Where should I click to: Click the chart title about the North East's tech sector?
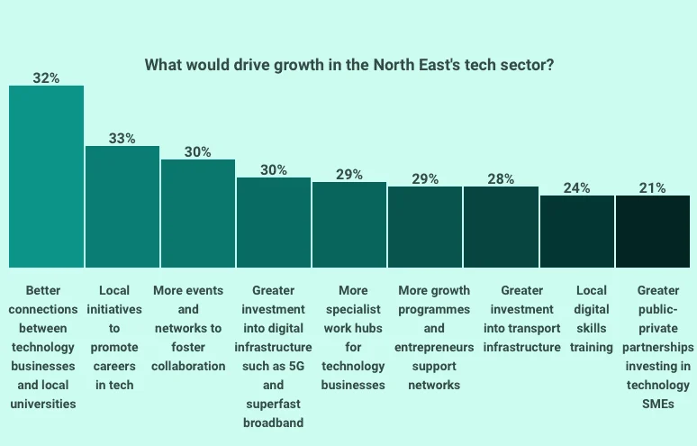pyautogui.click(x=349, y=65)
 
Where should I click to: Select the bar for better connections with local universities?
pyautogui.click(x=46, y=177)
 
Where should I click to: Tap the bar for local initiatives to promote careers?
pyautogui.click(x=122, y=206)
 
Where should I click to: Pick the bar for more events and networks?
pyautogui.click(x=198, y=214)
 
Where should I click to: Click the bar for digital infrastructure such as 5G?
pyautogui.click(x=274, y=223)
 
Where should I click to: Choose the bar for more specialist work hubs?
pyautogui.click(x=349, y=225)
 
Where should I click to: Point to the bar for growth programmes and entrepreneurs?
pyautogui.click(x=425, y=227)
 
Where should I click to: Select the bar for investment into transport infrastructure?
pyautogui.click(x=501, y=227)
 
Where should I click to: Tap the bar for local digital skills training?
pyautogui.click(x=576, y=232)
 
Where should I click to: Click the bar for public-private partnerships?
pyautogui.click(x=653, y=232)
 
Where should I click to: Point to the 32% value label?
pyautogui.click(x=46, y=78)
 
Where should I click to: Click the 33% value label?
pyautogui.click(x=122, y=139)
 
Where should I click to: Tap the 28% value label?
pyautogui.click(x=501, y=179)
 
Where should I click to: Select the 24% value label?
pyautogui.click(x=576, y=188)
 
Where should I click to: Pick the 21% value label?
pyautogui.click(x=653, y=188)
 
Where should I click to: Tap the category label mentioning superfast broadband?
pyautogui.click(x=274, y=356)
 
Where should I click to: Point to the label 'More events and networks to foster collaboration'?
pyautogui.click(x=198, y=328)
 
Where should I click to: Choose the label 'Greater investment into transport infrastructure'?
pyautogui.click(x=520, y=318)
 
